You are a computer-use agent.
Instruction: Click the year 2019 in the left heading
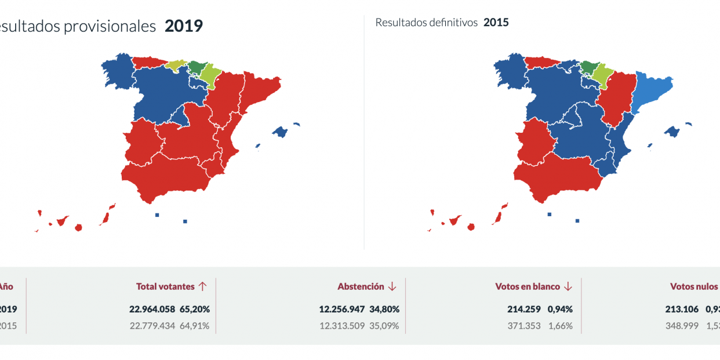[183, 26]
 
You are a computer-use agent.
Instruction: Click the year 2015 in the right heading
[496, 23]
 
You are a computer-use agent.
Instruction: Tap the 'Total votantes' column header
[165, 286]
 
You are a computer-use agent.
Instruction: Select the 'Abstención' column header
[361, 286]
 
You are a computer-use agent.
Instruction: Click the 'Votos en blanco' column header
[528, 286]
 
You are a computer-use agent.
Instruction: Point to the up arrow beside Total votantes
[202, 286]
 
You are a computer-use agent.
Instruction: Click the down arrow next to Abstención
[392, 286]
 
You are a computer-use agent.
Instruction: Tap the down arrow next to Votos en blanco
[568, 286]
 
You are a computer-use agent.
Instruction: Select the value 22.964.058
[152, 309]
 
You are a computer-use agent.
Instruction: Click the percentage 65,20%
[195, 309]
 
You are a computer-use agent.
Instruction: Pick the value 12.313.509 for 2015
[342, 326]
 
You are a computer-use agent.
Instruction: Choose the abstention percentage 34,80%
[384, 309]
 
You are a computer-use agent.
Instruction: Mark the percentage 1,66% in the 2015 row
[561, 326]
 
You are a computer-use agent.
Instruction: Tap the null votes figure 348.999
[678, 326]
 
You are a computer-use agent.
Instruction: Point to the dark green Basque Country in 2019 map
[197, 68]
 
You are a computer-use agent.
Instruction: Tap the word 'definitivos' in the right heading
[450, 23]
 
